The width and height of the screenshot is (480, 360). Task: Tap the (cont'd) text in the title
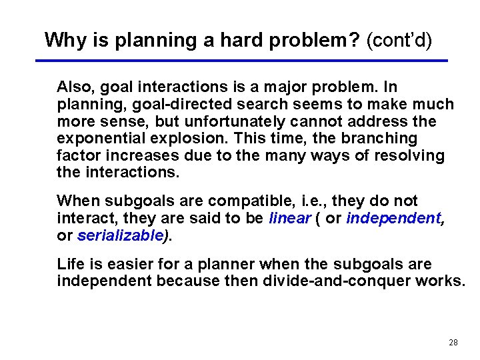[399, 40]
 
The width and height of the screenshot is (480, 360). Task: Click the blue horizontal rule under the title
[241, 61]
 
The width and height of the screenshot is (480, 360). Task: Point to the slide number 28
[453, 343]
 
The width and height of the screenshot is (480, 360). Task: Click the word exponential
[95, 139]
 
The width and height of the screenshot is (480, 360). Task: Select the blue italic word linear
[289, 218]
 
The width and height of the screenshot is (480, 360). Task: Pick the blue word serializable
[120, 235]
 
